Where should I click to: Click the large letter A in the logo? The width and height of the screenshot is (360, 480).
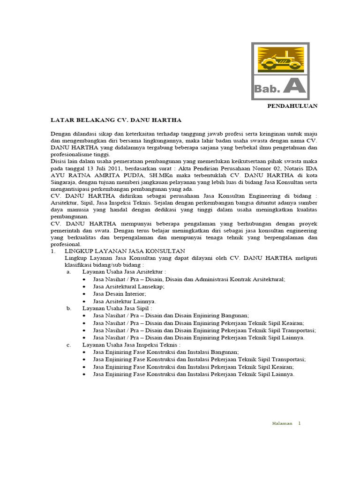pyautogui.click(x=294, y=86)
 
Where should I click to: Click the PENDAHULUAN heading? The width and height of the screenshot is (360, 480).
pyautogui.click(x=292, y=106)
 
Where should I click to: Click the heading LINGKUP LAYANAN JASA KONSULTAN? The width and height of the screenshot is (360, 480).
pyautogui.click(x=125, y=251)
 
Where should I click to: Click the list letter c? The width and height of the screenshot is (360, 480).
pyautogui.click(x=68, y=345)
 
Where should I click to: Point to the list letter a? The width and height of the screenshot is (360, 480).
pyautogui.click(x=68, y=271)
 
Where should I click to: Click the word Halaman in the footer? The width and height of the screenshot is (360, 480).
pyautogui.click(x=282, y=423)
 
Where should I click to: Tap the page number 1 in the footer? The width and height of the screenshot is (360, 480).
pyautogui.click(x=300, y=423)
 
